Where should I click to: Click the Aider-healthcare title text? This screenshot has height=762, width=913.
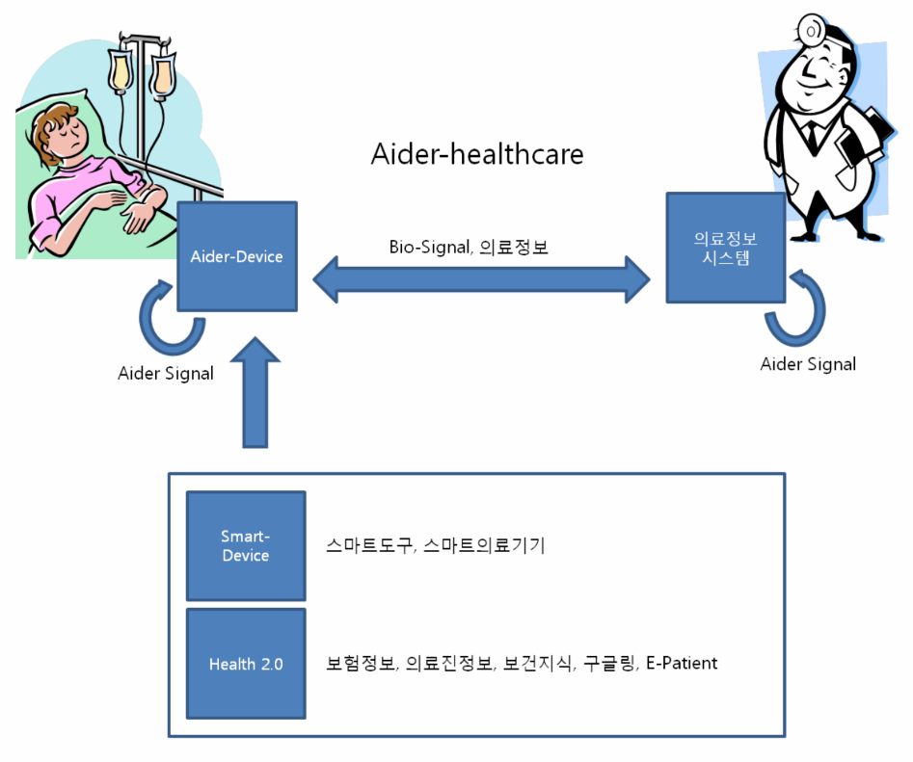(x=477, y=154)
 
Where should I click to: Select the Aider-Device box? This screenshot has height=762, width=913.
(x=236, y=257)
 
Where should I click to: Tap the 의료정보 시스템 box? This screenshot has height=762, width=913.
(x=725, y=249)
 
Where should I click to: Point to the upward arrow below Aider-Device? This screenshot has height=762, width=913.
(x=255, y=395)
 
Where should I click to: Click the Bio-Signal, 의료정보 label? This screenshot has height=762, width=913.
(x=469, y=247)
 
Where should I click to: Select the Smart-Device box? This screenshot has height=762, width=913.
(x=245, y=546)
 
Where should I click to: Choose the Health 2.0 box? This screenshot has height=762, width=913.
(x=245, y=664)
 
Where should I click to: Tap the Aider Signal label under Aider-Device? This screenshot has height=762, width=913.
(x=166, y=373)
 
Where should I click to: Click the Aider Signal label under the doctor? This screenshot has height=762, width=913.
(x=808, y=363)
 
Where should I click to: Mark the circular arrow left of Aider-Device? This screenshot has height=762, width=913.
(x=172, y=318)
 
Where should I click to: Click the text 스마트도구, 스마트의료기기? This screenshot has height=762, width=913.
(x=436, y=546)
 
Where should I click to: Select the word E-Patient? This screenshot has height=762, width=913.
(x=681, y=663)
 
